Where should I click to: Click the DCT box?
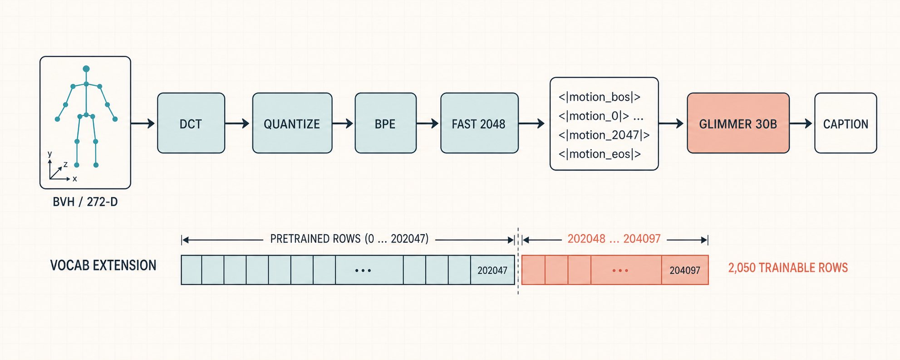click(x=191, y=123)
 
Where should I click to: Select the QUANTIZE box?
click(x=292, y=123)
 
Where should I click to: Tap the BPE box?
click(x=385, y=123)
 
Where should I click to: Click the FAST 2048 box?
click(x=479, y=123)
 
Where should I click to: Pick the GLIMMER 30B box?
click(x=738, y=123)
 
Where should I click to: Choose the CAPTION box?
click(x=846, y=123)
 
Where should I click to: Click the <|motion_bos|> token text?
click(x=600, y=97)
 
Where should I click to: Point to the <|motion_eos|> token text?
click(x=600, y=154)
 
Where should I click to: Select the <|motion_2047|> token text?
click(x=604, y=135)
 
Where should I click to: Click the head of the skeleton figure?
click(x=86, y=69)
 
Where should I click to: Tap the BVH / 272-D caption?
click(x=85, y=202)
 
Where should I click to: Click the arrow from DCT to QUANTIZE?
click(x=237, y=123)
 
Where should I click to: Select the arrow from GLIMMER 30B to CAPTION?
click(x=801, y=123)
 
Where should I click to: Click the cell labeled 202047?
click(x=492, y=270)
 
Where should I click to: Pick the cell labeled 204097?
click(x=685, y=270)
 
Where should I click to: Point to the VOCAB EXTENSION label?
click(x=103, y=266)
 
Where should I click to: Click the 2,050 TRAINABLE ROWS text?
click(x=788, y=268)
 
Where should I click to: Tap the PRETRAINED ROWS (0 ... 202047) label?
click(x=349, y=239)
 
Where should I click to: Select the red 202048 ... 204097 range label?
click(x=614, y=239)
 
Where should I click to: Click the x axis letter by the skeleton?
click(x=75, y=179)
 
